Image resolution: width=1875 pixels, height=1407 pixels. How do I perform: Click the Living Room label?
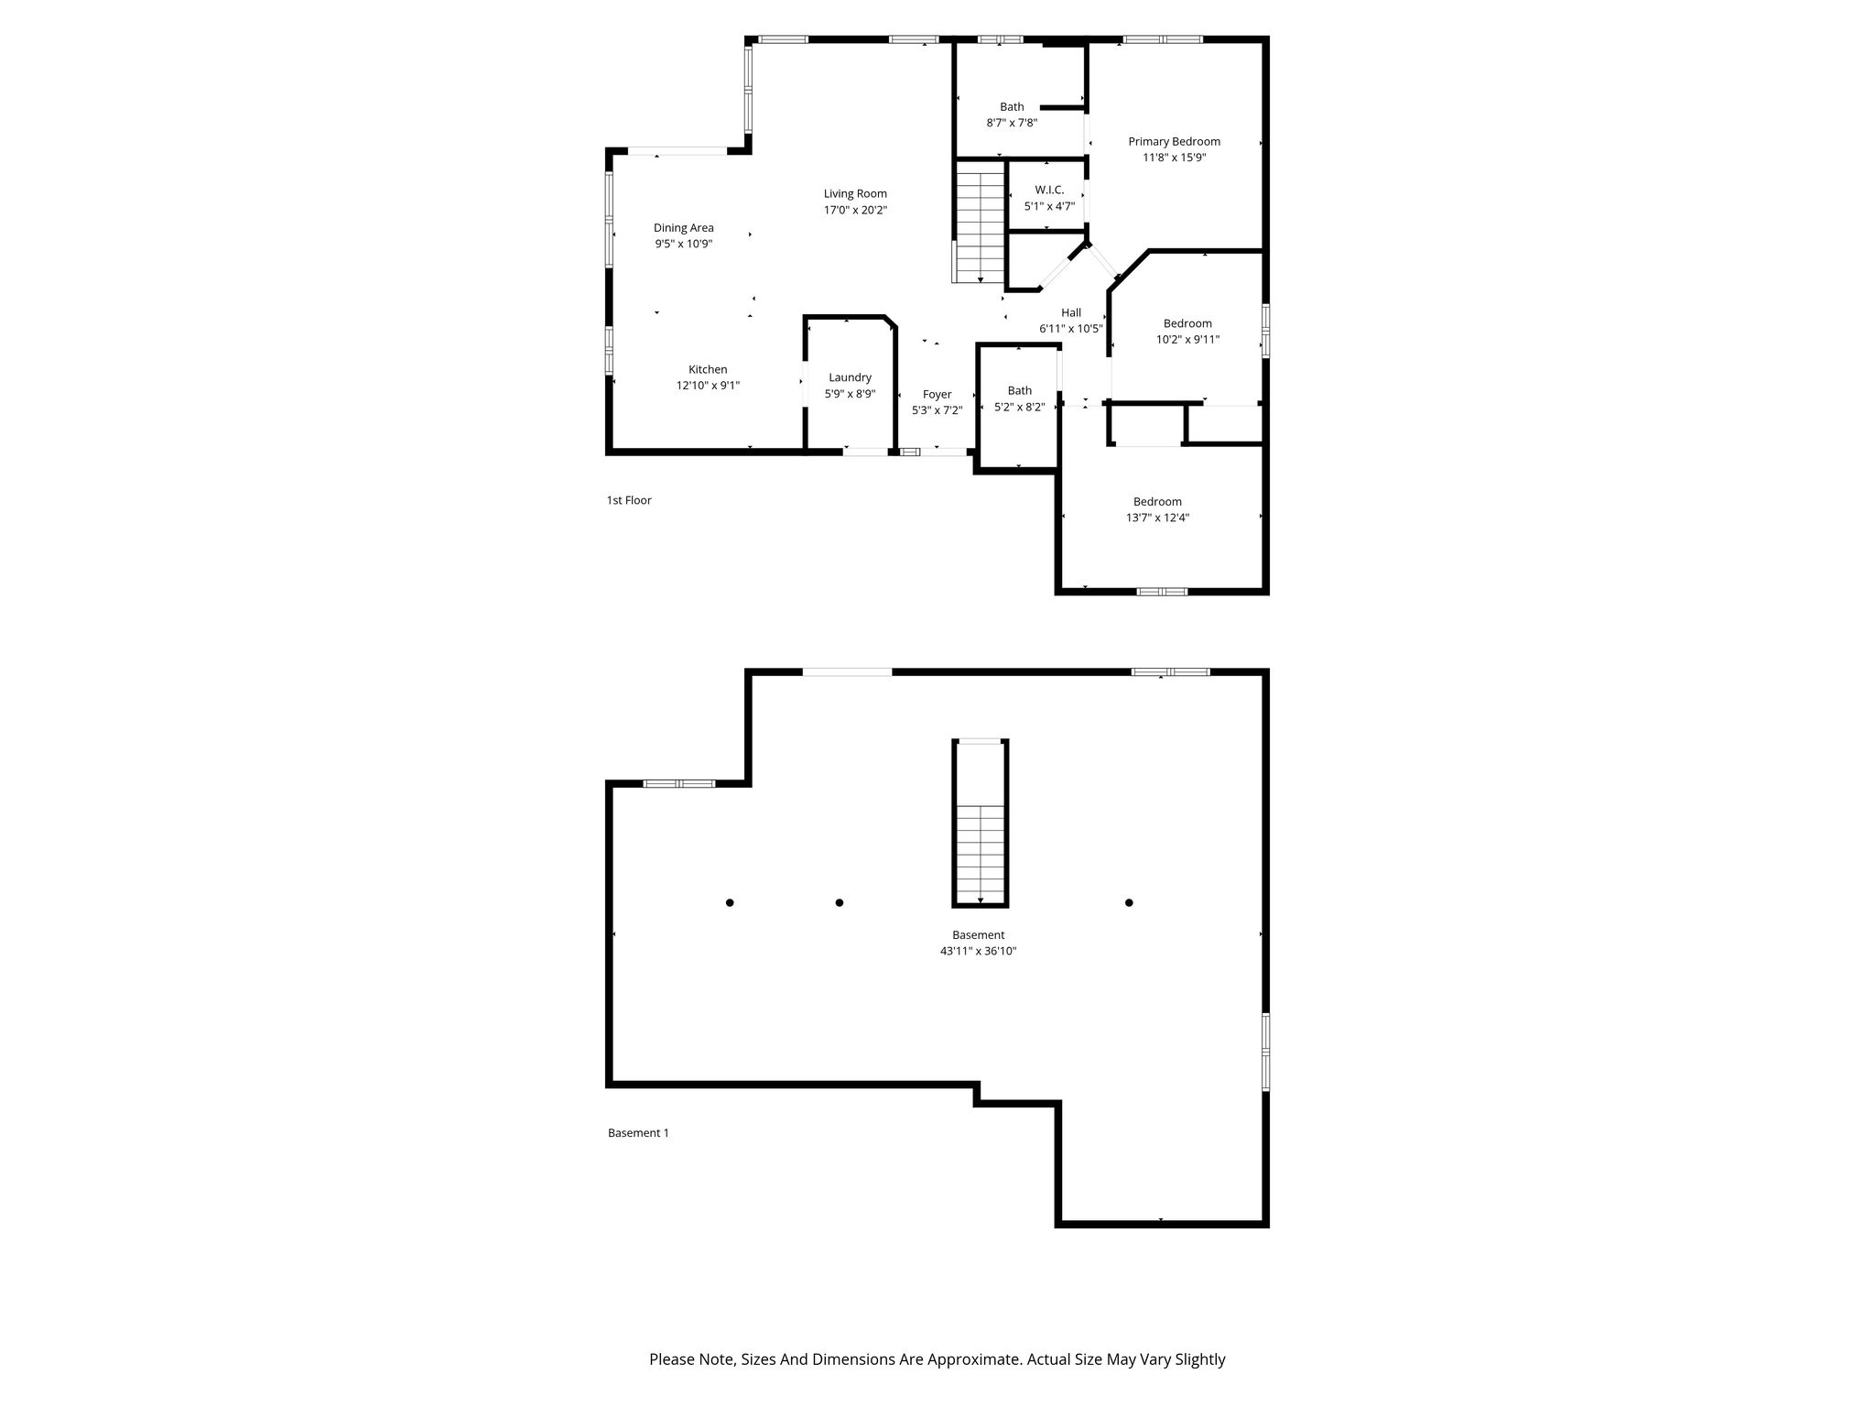[855, 193]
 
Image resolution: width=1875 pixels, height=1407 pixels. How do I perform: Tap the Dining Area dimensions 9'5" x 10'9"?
[683, 244]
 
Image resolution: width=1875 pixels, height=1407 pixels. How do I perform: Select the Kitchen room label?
[708, 369]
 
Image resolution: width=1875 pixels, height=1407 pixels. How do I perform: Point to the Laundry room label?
[850, 377]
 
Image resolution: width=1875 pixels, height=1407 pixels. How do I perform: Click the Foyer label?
[937, 395]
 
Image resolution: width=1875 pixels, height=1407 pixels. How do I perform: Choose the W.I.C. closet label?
[1049, 190]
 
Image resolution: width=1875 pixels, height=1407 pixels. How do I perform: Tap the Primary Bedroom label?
[1174, 141]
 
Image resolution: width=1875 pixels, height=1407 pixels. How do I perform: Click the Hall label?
[1070, 312]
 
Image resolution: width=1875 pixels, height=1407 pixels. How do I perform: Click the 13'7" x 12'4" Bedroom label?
[1157, 501]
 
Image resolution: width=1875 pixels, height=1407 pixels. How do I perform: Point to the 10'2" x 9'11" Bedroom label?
[1187, 323]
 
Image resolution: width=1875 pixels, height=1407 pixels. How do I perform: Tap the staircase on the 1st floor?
[980, 223]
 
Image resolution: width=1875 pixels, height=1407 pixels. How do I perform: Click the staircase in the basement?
[980, 823]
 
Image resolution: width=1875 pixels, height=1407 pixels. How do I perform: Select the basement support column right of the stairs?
[1129, 902]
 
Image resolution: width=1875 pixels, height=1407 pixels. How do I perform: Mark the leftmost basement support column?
[730, 902]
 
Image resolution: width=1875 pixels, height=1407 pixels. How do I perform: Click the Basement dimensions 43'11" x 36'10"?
[978, 951]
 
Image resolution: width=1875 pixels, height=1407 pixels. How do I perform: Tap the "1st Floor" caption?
[629, 500]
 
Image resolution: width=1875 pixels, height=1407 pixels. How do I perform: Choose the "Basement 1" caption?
[638, 1133]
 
